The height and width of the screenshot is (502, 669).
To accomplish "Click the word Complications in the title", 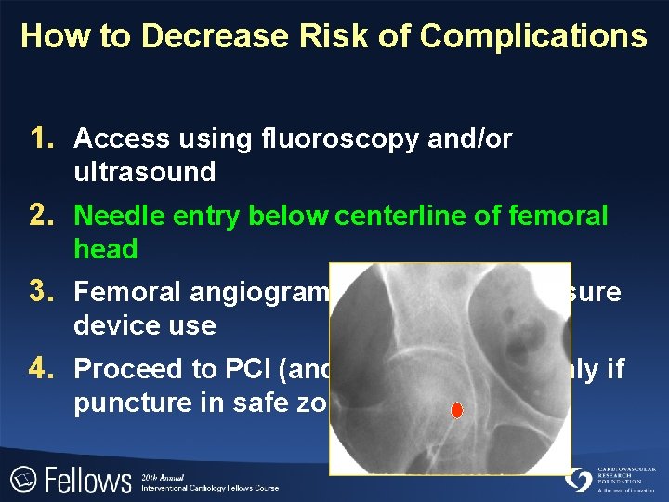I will click(x=533, y=36).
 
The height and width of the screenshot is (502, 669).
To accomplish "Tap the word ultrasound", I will click(x=145, y=172).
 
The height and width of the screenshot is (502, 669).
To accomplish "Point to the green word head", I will click(x=106, y=249).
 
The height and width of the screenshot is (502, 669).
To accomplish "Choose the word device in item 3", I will click(x=111, y=325).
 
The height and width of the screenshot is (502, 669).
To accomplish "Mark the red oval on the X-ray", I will click(x=456, y=410).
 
